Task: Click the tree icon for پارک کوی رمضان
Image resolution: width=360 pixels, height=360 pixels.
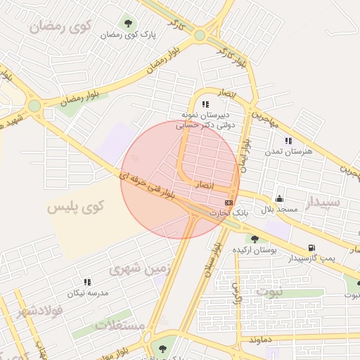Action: tap(128, 23)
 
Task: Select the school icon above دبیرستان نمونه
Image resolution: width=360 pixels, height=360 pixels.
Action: tap(205, 104)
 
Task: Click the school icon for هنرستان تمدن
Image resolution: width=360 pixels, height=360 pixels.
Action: tap(288, 141)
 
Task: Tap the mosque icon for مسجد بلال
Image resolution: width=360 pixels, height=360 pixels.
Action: tap(280, 198)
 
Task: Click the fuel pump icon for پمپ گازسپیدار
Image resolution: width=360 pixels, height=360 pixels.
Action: tap(311, 247)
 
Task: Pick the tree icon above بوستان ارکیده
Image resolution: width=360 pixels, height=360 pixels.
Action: tap(255, 239)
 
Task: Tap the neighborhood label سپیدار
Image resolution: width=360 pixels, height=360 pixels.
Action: tap(323, 203)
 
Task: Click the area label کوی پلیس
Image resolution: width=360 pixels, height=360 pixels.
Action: tap(75, 207)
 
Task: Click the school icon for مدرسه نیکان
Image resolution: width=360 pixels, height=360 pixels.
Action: tap(87, 282)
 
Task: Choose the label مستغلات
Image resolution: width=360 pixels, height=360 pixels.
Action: tap(120, 326)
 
